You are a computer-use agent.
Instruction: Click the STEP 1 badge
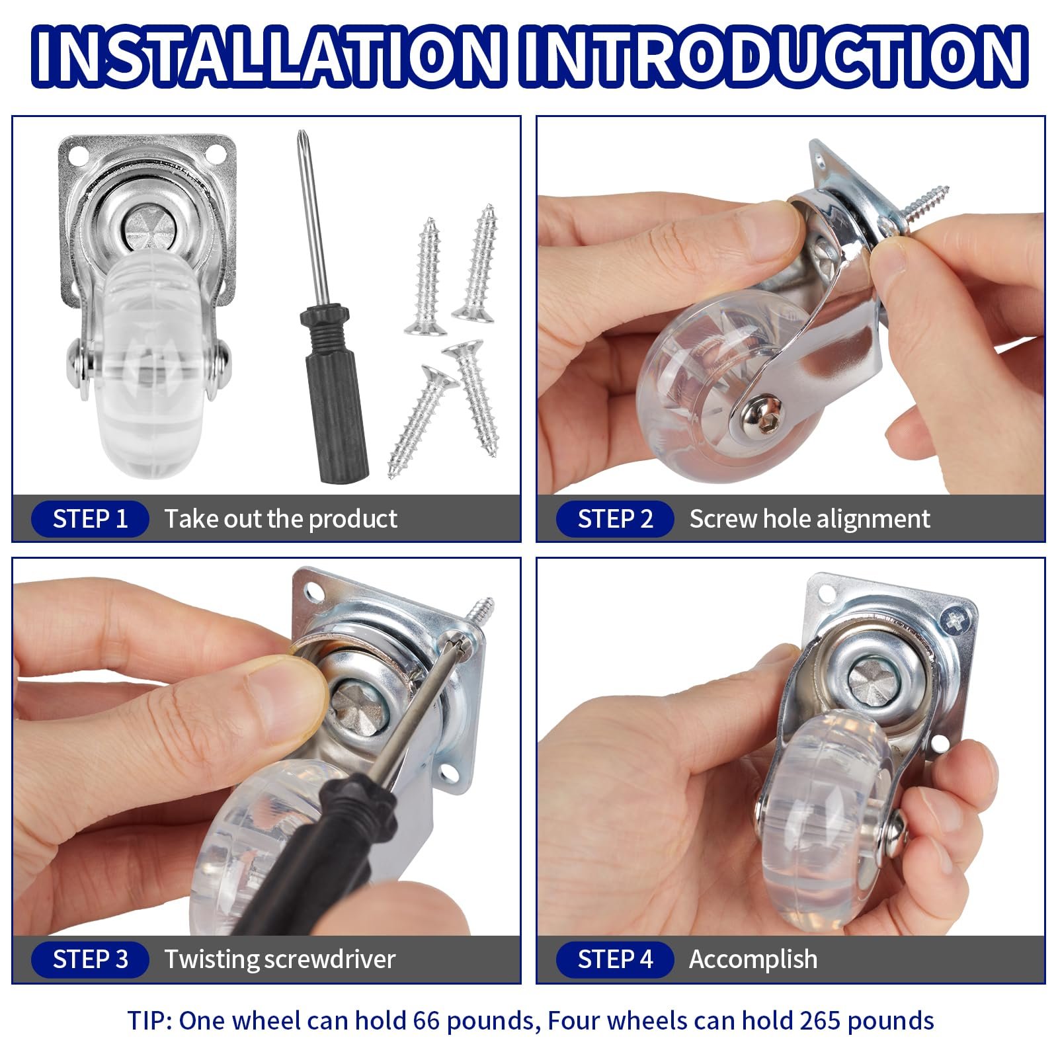point(90,519)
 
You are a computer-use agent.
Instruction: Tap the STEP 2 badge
point(615,519)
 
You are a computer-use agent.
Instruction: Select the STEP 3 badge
point(90,959)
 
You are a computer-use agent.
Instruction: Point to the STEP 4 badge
point(615,959)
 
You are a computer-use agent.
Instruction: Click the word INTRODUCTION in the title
point(774,56)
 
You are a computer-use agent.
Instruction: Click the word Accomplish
point(753,959)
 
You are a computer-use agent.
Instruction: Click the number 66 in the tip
point(427,1020)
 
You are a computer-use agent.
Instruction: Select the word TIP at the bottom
point(149,1020)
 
